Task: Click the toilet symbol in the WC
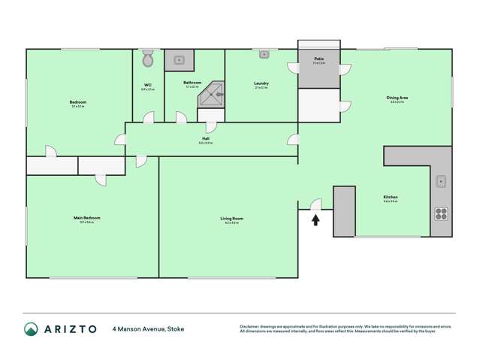click(147, 59)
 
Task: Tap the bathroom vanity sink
click(179, 59)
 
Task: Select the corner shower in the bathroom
click(213, 95)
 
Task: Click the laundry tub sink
click(264, 54)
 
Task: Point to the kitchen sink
click(442, 181)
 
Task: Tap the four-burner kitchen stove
click(442, 213)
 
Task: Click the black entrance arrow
click(315, 219)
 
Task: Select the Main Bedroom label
click(86, 218)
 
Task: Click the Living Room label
click(231, 219)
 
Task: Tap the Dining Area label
click(397, 97)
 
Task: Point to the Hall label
click(205, 138)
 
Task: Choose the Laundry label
click(261, 83)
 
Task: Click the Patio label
click(318, 58)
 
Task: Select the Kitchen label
click(390, 197)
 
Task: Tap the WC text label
click(147, 84)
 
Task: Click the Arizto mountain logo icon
click(31, 328)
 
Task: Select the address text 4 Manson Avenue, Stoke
click(148, 328)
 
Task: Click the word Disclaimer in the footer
click(250, 326)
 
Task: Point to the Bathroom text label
click(192, 83)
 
